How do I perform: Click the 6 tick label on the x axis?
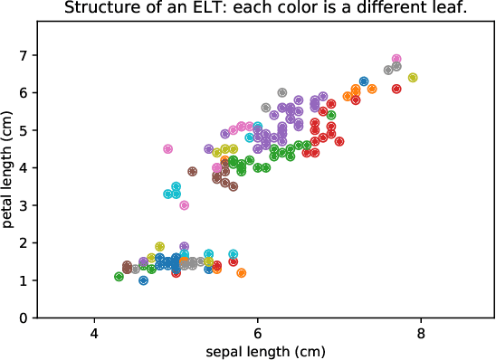[258, 333]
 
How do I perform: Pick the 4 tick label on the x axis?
[94, 333]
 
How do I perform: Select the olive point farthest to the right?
[413, 78]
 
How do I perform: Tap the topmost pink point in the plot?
[396, 59]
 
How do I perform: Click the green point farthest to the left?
[119, 277]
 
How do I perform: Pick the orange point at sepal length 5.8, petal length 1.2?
[242, 273]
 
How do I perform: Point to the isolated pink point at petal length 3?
[184, 205]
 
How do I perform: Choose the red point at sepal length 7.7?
[396, 89]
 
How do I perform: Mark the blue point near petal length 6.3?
[364, 81]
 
